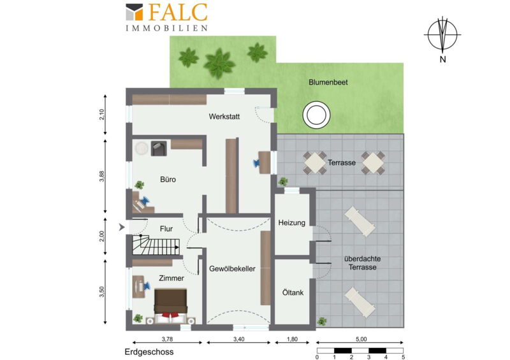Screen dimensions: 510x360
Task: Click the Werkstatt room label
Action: pos(224,117)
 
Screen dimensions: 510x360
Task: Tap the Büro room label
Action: pos(168,179)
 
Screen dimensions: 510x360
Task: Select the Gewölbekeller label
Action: pos(232,269)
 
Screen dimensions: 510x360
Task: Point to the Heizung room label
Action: pos(292,223)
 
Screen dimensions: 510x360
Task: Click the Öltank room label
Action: pos(293,292)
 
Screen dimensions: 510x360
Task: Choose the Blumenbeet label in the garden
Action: pos(328,82)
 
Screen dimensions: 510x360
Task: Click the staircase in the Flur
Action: pos(156,245)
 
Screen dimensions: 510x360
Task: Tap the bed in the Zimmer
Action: pos(170,306)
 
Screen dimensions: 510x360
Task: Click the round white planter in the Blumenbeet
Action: pos(316,115)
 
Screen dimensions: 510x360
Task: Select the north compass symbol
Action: pos(442,34)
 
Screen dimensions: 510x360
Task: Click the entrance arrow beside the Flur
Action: pos(122,227)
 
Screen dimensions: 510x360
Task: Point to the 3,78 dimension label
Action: pos(167,339)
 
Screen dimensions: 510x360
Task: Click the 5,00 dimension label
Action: pos(361,339)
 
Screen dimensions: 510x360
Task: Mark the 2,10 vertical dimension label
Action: pos(102,115)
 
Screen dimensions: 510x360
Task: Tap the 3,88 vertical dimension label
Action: pos(102,176)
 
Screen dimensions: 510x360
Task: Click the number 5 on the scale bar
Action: pos(404,357)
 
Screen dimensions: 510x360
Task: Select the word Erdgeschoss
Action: pos(149,352)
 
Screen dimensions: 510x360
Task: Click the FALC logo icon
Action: pos(135,12)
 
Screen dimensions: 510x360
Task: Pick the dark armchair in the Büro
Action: pos(159,148)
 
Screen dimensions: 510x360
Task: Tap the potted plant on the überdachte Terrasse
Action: pos(322,321)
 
